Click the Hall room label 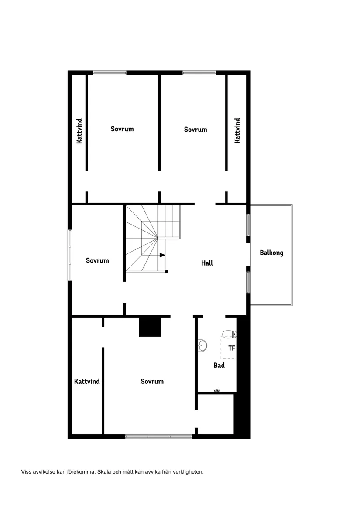click(x=207, y=263)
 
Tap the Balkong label click(x=271, y=253)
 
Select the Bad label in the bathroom click(x=219, y=365)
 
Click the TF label click(x=231, y=348)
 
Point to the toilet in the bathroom click(x=229, y=334)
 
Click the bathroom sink click(x=202, y=345)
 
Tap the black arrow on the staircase click(x=162, y=255)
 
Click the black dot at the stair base click(x=167, y=272)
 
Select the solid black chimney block click(x=150, y=327)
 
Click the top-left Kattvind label click(x=79, y=131)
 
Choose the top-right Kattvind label click(x=237, y=130)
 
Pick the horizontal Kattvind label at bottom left click(x=87, y=382)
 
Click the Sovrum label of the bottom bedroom click(x=152, y=382)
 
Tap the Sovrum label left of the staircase click(x=97, y=260)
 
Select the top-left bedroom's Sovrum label click(x=122, y=129)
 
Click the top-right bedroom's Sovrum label click(x=195, y=130)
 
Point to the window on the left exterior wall click(x=70, y=255)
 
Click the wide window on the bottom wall click(x=158, y=437)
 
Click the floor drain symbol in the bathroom click(x=217, y=390)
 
